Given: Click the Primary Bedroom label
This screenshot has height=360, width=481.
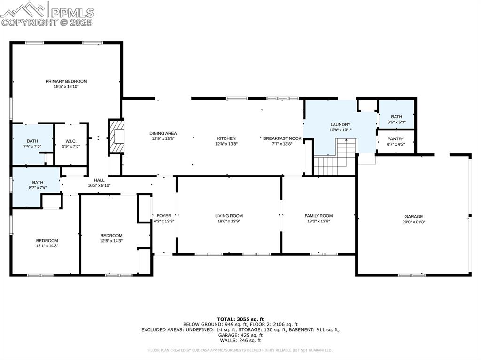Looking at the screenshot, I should tap(66, 81).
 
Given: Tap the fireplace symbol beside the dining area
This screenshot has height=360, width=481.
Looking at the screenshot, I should tap(117, 137).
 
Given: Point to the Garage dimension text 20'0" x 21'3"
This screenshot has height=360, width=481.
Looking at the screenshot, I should tap(414, 222).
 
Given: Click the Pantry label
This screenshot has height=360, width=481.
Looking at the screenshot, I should tap(396, 139).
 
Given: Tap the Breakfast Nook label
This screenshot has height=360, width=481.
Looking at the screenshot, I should tap(282, 138).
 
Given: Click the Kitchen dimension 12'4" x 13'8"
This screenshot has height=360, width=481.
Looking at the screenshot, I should tap(226, 144).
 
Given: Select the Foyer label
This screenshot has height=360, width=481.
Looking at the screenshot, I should tap(164, 216).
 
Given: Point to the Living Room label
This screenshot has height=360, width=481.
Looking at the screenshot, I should tap(229, 216).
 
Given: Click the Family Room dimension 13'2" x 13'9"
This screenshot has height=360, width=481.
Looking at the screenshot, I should tap(318, 222).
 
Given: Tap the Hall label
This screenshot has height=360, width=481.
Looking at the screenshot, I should tap(99, 180).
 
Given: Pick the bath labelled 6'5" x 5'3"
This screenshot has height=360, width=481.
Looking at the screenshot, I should tap(396, 120).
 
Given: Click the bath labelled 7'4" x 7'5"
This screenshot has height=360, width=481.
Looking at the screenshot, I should tap(32, 143).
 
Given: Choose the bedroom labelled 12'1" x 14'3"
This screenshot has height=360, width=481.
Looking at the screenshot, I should tap(47, 243).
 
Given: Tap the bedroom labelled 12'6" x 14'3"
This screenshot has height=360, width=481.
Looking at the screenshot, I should tap(111, 238).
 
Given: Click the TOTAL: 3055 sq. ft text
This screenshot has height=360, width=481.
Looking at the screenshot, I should tap(240, 319).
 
